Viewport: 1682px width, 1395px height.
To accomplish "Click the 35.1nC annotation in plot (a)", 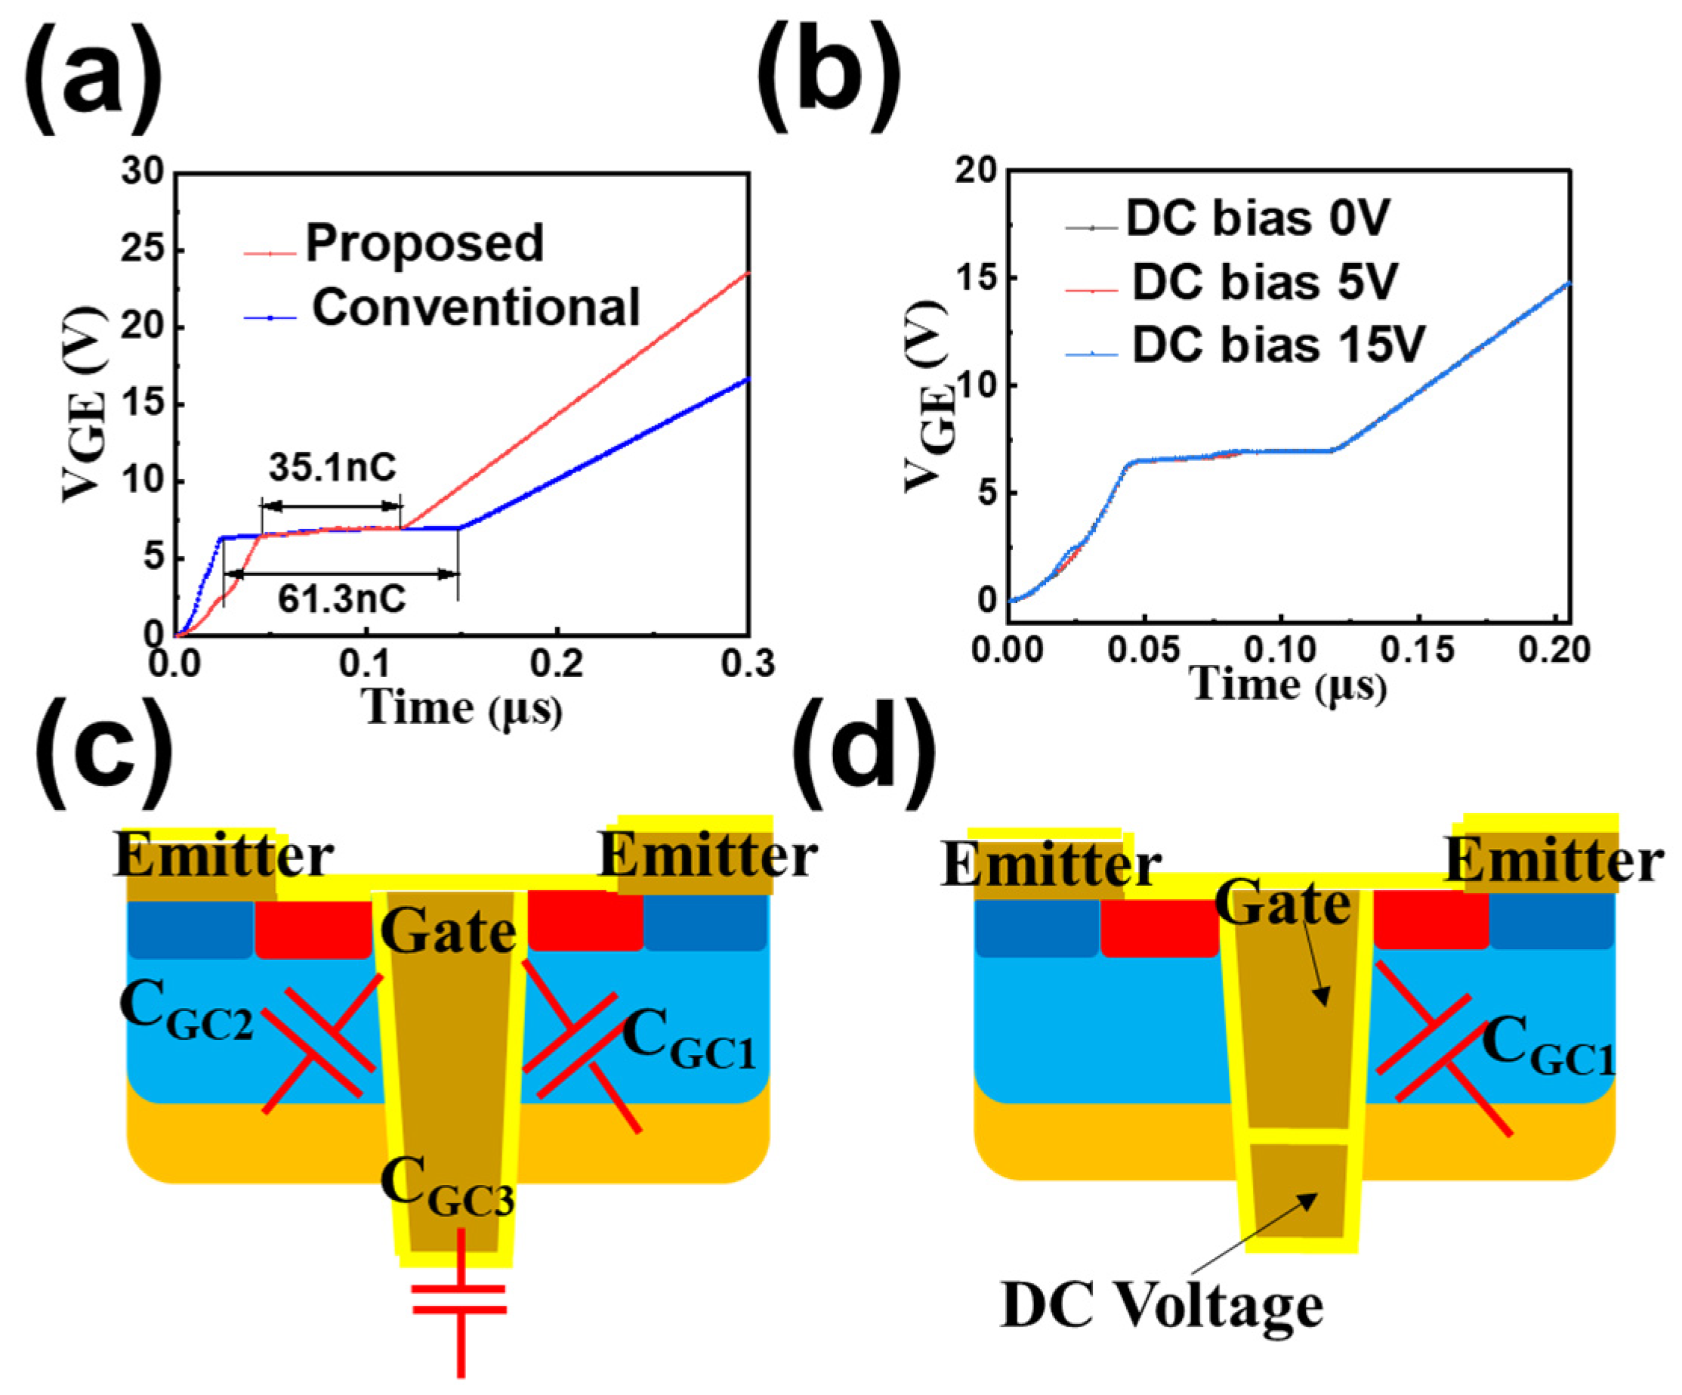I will click(x=332, y=468).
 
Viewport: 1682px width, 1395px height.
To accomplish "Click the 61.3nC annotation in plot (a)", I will click(x=341, y=599).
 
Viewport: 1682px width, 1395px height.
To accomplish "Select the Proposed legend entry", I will click(x=424, y=243).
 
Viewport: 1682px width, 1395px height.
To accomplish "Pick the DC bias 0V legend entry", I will click(x=1258, y=218).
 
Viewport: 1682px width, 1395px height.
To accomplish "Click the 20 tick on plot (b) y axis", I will click(x=975, y=171).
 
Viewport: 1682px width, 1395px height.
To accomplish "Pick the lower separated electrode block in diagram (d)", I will click(x=1298, y=1189).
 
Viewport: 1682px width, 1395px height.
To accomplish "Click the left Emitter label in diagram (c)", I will click(x=223, y=855).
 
